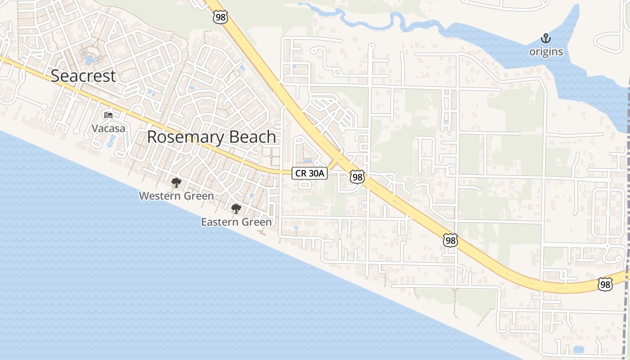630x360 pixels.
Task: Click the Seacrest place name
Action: [83, 76]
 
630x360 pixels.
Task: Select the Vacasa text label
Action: [108, 128]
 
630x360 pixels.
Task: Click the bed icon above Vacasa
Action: [108, 115]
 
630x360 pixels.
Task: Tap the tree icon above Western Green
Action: [176, 183]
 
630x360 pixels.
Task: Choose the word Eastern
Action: [218, 222]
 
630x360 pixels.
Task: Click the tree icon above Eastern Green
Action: [236, 209]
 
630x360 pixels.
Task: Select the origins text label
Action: [546, 52]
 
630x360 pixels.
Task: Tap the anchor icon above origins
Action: [546, 38]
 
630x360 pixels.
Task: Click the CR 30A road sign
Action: [310, 173]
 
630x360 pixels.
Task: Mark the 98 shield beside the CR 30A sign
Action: [357, 177]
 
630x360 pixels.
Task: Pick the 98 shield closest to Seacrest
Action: [220, 17]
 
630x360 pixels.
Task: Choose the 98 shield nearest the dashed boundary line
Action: [605, 284]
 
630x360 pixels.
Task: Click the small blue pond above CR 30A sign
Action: [308, 160]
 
